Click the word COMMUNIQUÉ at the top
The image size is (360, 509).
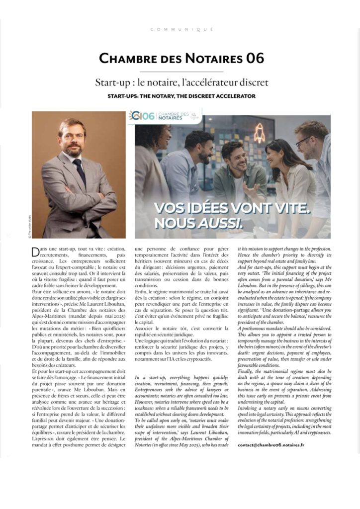[x=181, y=29]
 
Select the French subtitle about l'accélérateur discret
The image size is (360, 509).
[x=181, y=82]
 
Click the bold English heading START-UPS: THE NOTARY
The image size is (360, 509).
[x=181, y=95]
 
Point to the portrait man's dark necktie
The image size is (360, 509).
[x=79, y=171]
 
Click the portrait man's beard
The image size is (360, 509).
[x=73, y=150]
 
